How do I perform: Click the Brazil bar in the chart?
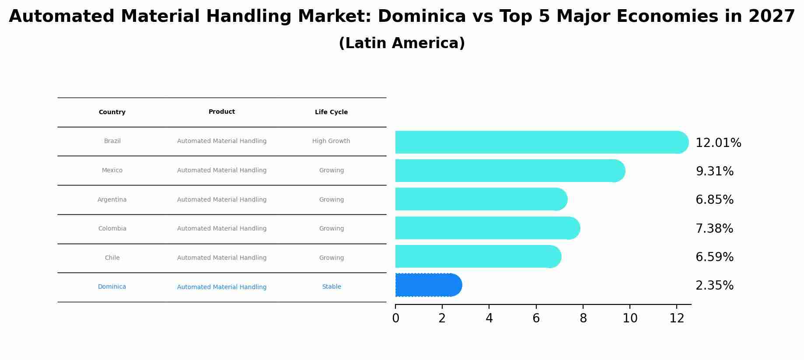tap(538, 142)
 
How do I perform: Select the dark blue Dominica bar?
tap(426, 285)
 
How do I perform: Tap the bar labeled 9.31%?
tap(507, 171)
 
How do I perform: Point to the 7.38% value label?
tap(714, 228)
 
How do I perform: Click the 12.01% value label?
tap(718, 143)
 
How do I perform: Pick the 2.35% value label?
tap(714, 286)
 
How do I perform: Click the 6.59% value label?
tap(714, 257)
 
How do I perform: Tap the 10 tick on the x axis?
tap(629, 318)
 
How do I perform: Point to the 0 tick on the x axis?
tap(395, 318)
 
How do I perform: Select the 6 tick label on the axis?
tap(536, 318)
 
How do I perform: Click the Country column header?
tap(112, 112)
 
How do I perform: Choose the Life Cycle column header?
tap(331, 112)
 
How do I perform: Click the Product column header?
tap(221, 112)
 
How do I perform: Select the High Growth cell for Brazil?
tap(331, 141)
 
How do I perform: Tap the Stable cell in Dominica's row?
tap(331, 287)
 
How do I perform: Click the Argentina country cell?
tap(112, 200)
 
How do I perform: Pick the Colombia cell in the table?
tap(112, 229)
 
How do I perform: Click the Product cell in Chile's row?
tap(221, 258)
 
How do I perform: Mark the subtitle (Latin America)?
tap(402, 43)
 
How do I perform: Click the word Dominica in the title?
tap(421, 17)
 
